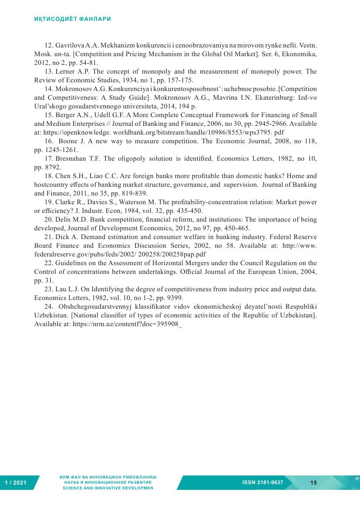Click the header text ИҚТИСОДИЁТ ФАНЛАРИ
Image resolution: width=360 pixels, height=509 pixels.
pyautogui.click(x=73, y=19)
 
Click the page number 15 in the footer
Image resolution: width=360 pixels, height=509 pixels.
pyautogui.click(x=314, y=482)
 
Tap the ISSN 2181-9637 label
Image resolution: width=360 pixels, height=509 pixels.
pyautogui.click(x=262, y=482)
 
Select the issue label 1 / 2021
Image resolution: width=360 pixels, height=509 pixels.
pyautogui.click(x=16, y=483)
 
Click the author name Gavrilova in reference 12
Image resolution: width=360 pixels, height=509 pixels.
pyautogui.click(x=70, y=45)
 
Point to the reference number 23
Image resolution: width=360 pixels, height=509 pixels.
pyautogui.click(x=49, y=289)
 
